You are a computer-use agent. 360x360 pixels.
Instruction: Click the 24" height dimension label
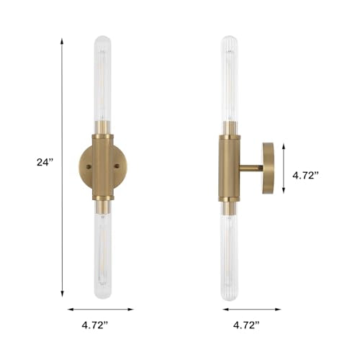coord(45,163)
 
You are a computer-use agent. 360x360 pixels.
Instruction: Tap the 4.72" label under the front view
coord(95,325)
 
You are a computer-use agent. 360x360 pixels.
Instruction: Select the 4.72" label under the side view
coord(246,325)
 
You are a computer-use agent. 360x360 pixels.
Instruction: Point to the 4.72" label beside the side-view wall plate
coord(305,176)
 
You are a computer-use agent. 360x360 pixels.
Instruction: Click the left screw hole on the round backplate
coord(89,166)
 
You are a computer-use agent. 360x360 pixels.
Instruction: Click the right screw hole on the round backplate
coord(117,166)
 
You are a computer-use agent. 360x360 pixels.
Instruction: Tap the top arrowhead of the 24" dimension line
coord(62,41)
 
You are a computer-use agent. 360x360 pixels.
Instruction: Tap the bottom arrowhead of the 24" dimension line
coord(62,294)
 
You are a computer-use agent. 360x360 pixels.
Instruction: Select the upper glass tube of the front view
coord(103,79)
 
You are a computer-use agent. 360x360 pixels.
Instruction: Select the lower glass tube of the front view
coord(103,255)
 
